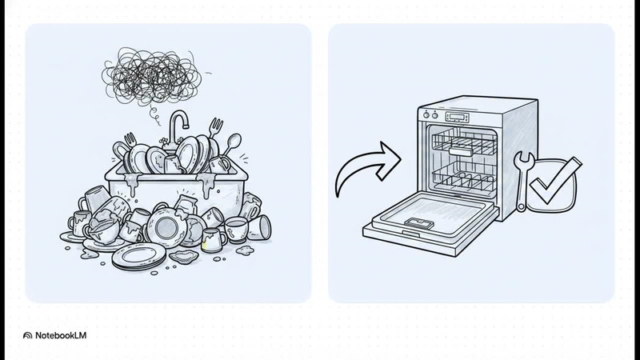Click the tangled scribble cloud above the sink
click(x=152, y=76)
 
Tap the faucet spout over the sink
click(x=178, y=118)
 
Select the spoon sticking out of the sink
click(x=231, y=144)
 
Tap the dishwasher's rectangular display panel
click(x=457, y=118)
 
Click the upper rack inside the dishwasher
click(x=464, y=142)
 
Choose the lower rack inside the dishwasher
click(x=464, y=178)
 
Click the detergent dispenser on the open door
click(x=418, y=223)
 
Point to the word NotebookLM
click(x=61, y=335)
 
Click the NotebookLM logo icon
click(x=27, y=335)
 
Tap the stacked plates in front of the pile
click(x=139, y=256)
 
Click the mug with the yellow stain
click(x=213, y=241)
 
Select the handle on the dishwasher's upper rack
click(x=461, y=151)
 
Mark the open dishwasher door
click(x=430, y=224)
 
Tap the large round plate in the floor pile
click(x=166, y=227)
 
